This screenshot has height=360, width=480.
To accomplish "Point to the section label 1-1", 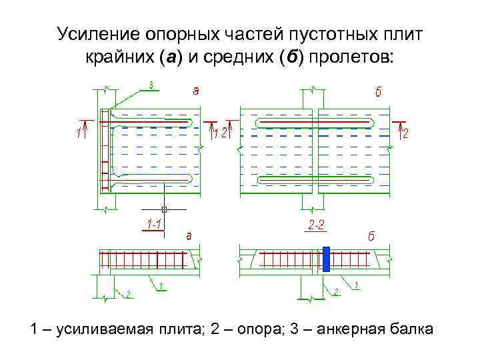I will pos(152,225).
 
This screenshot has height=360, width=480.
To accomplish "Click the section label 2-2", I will pos(317,225).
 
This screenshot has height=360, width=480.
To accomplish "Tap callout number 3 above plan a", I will pos(151,85).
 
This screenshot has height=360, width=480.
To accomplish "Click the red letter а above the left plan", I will pos(195,91).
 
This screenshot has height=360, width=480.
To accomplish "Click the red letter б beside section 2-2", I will pos(371,236).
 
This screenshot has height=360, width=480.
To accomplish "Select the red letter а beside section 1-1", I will pos(189,235).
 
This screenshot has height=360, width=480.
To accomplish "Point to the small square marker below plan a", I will pos(164,209).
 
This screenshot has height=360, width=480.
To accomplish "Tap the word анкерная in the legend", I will pos(345,330).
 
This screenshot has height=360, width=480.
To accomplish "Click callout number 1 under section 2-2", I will pos(356,285).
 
